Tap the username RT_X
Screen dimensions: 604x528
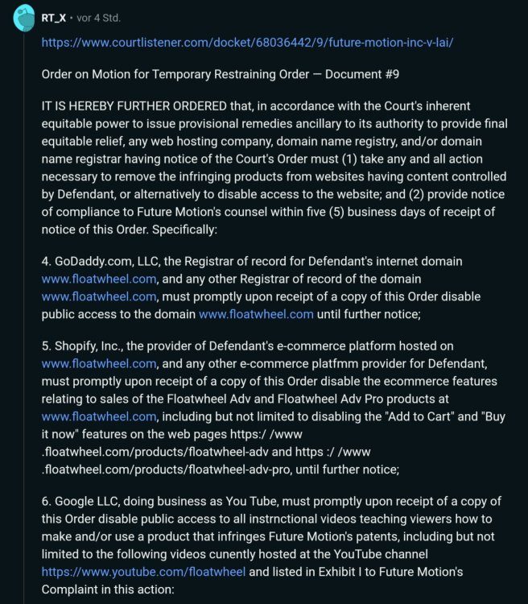[x=56, y=17]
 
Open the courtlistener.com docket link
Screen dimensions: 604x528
[x=247, y=42]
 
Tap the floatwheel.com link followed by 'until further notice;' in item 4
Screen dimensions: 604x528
[x=256, y=313]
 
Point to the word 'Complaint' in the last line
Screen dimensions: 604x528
[x=76, y=590]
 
